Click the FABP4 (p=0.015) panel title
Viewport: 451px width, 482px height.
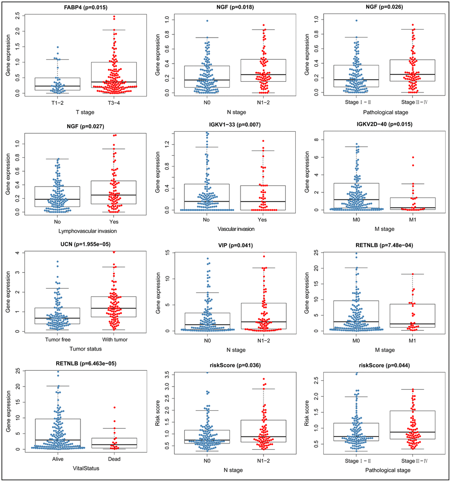pyautogui.click(x=81, y=8)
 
